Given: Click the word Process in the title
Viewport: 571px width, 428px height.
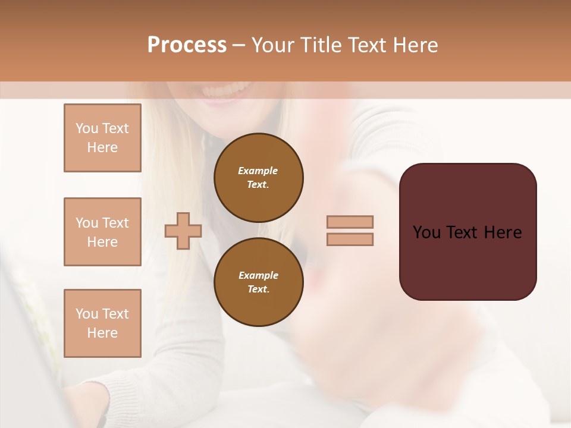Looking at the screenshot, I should point(187,45).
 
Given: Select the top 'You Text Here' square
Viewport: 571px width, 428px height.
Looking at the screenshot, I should point(102,138).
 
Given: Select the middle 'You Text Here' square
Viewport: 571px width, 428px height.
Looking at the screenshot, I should point(102,232).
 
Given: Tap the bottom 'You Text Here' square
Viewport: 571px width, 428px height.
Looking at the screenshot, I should point(102,323).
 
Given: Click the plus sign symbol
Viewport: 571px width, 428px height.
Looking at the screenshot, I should point(183,231).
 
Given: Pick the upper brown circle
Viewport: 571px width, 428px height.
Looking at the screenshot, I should point(258,177).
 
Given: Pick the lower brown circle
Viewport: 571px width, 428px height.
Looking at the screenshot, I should point(258,282).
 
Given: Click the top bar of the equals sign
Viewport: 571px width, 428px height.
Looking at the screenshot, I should point(350,222).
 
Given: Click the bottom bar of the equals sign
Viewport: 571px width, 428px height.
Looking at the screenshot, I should point(350,239).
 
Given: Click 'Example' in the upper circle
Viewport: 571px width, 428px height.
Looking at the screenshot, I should point(258,171).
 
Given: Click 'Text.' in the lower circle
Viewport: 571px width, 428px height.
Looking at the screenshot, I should point(258,289).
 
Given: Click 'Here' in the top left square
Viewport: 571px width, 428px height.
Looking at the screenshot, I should point(102,147).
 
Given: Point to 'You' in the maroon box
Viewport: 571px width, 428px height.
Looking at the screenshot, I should point(426,232).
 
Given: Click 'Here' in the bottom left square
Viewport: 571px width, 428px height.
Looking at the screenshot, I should point(102,333).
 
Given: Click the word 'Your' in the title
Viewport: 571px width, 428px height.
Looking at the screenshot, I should point(273,45).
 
